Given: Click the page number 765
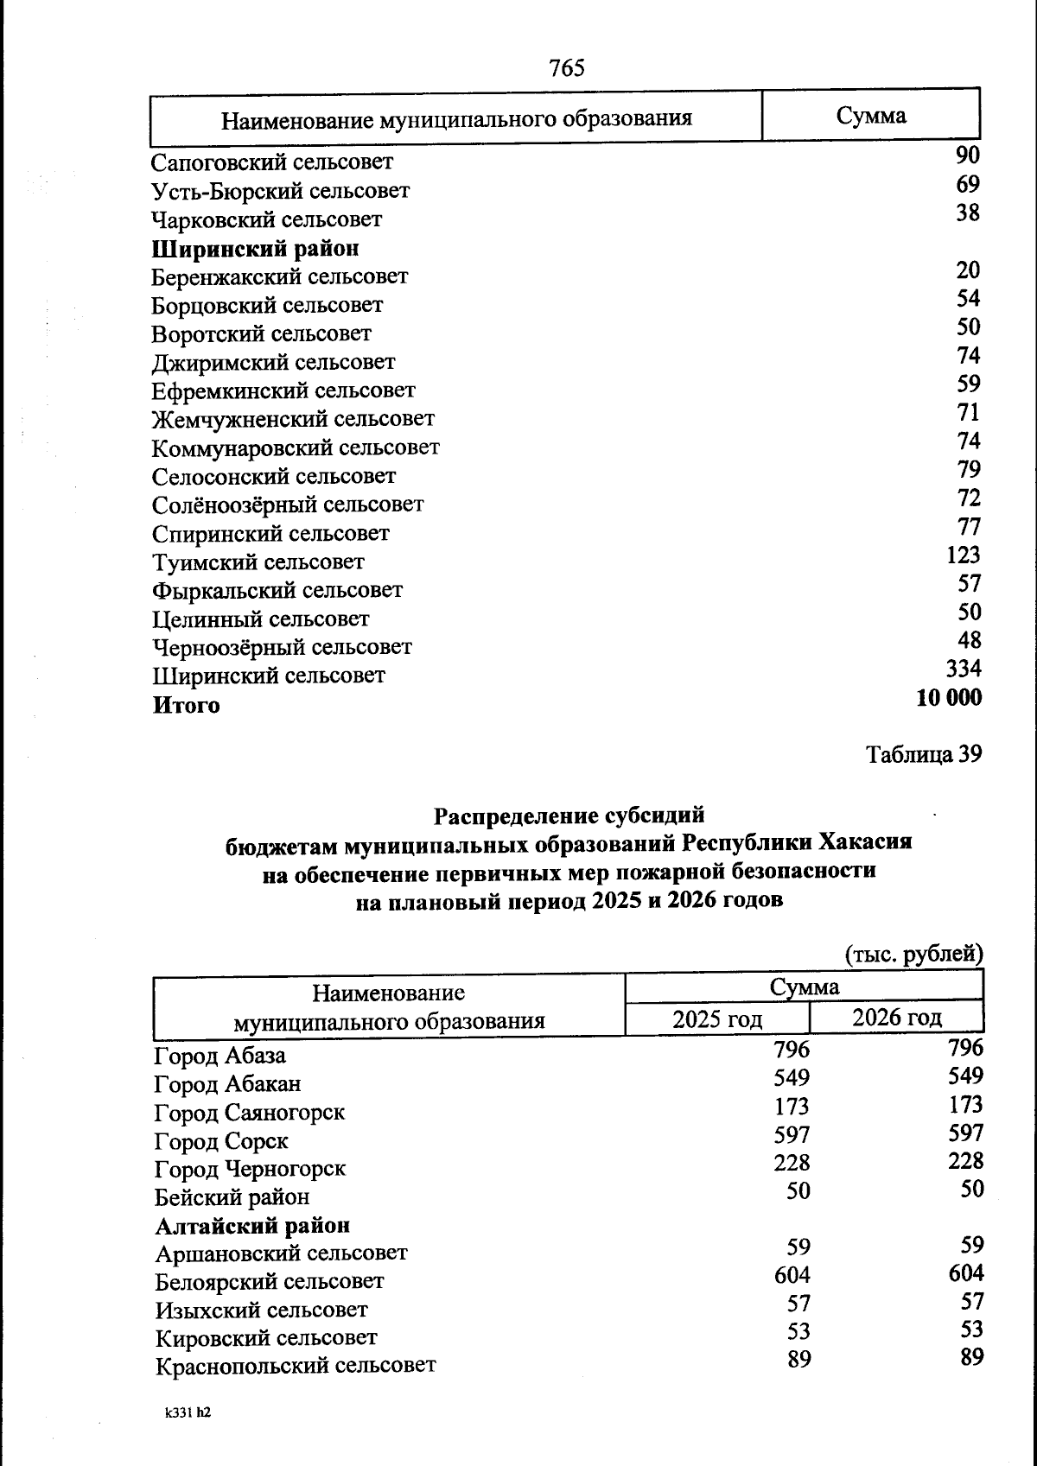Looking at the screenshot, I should point(566,67).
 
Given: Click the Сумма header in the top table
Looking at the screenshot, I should point(870,116).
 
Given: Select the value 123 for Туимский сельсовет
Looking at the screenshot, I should point(963,555).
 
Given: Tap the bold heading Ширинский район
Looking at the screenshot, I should point(255,249).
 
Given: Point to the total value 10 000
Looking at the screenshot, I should point(948,697).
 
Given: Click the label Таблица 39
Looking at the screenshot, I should point(923,754).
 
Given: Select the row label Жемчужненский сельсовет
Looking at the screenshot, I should point(293,419).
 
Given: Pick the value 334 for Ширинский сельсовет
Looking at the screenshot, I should point(964,669).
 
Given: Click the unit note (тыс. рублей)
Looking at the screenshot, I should point(913,955).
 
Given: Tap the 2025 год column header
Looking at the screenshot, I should point(717,1019).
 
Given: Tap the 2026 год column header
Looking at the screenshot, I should point(896,1018).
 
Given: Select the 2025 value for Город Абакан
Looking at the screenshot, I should point(792,1078).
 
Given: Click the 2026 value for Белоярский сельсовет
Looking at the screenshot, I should point(965,1273).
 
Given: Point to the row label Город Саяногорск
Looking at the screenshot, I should point(249,1113).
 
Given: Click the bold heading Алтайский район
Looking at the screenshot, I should point(252,1226).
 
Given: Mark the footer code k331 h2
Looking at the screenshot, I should point(188,1414).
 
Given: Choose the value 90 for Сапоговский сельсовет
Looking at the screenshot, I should point(968,155).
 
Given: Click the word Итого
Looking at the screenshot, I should point(187,706).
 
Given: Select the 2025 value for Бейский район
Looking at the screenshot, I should point(798,1191).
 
